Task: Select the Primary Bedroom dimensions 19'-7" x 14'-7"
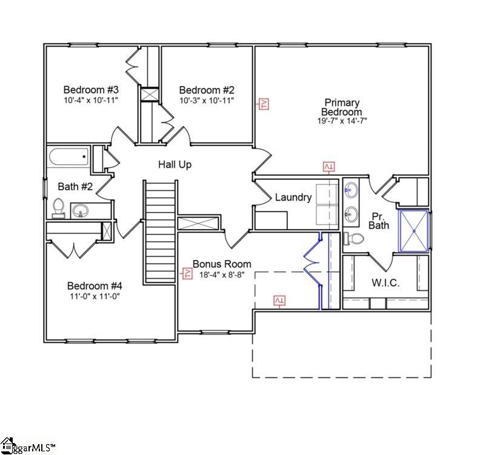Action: pos(342,121)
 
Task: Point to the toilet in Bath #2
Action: pos(59,207)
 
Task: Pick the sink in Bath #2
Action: pos(81,211)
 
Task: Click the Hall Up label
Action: pos(175,164)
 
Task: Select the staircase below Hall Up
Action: pos(161,230)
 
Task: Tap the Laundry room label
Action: pos(293,197)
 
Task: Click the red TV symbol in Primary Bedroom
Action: pos(264,104)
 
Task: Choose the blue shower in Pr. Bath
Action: pos(414,230)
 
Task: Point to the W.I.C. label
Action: pos(385,283)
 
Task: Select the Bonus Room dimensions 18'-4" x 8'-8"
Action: pos(221,274)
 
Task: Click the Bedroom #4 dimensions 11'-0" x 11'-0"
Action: pos(95,296)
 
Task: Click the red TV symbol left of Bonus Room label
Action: pos(187,273)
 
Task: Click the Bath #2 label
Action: pos(75,186)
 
